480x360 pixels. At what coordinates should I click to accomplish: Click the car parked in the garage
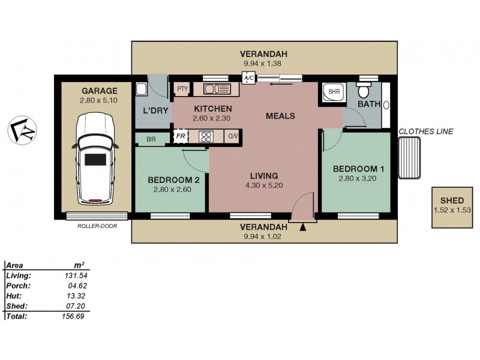(95, 158)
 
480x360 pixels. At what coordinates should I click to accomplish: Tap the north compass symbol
(22, 130)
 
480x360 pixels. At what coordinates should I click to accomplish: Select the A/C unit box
(248, 78)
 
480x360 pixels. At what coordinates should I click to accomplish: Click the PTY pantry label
(182, 89)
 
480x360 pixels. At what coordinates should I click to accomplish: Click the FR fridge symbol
(181, 136)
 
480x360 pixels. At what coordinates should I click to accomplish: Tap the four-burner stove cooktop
(206, 136)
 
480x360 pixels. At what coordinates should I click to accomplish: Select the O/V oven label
(233, 136)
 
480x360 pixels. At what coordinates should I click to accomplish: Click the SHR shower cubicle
(334, 92)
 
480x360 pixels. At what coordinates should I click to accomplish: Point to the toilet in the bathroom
(364, 89)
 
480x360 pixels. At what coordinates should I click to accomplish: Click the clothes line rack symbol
(409, 158)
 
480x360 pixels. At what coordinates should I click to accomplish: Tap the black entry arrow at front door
(303, 227)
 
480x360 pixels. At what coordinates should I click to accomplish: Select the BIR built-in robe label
(151, 140)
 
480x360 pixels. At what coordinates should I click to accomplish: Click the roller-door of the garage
(97, 216)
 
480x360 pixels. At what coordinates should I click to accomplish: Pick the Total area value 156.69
(73, 316)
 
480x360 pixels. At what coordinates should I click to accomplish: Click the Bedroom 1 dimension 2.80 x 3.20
(358, 178)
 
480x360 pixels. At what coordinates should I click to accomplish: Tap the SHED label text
(452, 200)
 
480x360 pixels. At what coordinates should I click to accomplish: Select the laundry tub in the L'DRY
(142, 89)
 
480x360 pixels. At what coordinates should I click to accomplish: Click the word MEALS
(280, 116)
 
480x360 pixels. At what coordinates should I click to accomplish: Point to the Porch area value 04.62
(77, 286)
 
